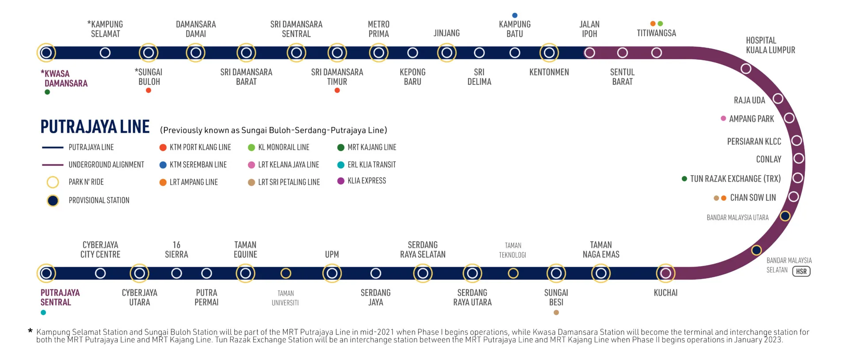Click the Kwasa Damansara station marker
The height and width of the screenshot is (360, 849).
pyautogui.click(x=46, y=53)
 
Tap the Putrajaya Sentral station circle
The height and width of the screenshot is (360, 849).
pyautogui.click(x=46, y=273)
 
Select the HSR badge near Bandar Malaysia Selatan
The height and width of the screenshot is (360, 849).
pyautogui.click(x=801, y=271)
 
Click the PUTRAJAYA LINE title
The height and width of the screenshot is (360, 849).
pyautogui.click(x=95, y=127)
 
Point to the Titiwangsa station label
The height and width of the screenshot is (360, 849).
pyautogui.click(x=656, y=33)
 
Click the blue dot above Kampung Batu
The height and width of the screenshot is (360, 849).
pyautogui.click(x=515, y=15)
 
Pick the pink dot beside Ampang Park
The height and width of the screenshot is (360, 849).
pyautogui.click(x=723, y=119)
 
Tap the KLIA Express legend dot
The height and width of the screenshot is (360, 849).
pyautogui.click(x=341, y=181)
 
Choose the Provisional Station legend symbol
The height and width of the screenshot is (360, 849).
pyautogui.click(x=53, y=201)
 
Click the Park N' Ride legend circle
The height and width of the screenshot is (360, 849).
pyautogui.click(x=53, y=182)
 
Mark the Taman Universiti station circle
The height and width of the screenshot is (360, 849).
pyautogui.click(x=286, y=273)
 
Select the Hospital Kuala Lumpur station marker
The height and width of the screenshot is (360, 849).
pyautogui.click(x=746, y=69)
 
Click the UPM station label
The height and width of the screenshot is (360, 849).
pyautogui.click(x=332, y=255)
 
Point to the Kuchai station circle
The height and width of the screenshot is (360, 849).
pyautogui.click(x=665, y=273)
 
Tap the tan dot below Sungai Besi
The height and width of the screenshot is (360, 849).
pyautogui.click(x=556, y=313)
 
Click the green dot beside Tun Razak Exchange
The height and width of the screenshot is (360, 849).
pyautogui.click(x=685, y=179)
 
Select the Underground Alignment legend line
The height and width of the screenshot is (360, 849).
pyautogui.click(x=53, y=165)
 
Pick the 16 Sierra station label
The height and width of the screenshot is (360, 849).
pyautogui.click(x=176, y=250)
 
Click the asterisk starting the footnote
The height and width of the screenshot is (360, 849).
pyautogui.click(x=30, y=331)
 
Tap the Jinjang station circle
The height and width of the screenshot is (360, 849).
pyautogui.click(x=447, y=53)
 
